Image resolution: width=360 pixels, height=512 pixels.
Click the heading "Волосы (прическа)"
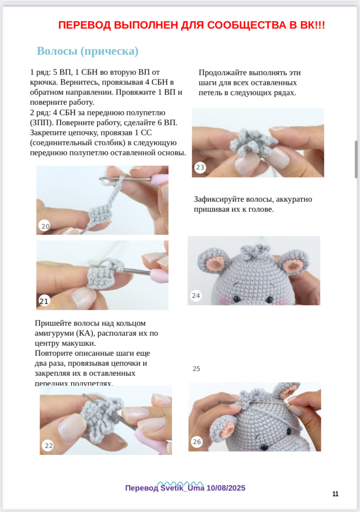(87, 51)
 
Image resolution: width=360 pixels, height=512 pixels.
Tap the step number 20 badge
(45, 226)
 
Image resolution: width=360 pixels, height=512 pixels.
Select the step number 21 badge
(44, 301)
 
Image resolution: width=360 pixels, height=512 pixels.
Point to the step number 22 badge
(48, 445)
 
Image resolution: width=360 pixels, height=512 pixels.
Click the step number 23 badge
(200, 167)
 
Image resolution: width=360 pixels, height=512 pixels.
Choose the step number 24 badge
(196, 295)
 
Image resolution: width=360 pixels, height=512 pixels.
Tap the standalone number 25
(197, 368)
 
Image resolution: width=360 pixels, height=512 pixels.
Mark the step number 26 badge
(197, 442)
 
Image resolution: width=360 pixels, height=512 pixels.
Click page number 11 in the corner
(336, 494)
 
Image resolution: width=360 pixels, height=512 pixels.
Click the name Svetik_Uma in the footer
(183, 488)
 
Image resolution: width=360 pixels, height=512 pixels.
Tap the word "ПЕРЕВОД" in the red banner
(85, 25)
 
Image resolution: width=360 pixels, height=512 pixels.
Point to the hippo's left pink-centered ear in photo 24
(212, 260)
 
